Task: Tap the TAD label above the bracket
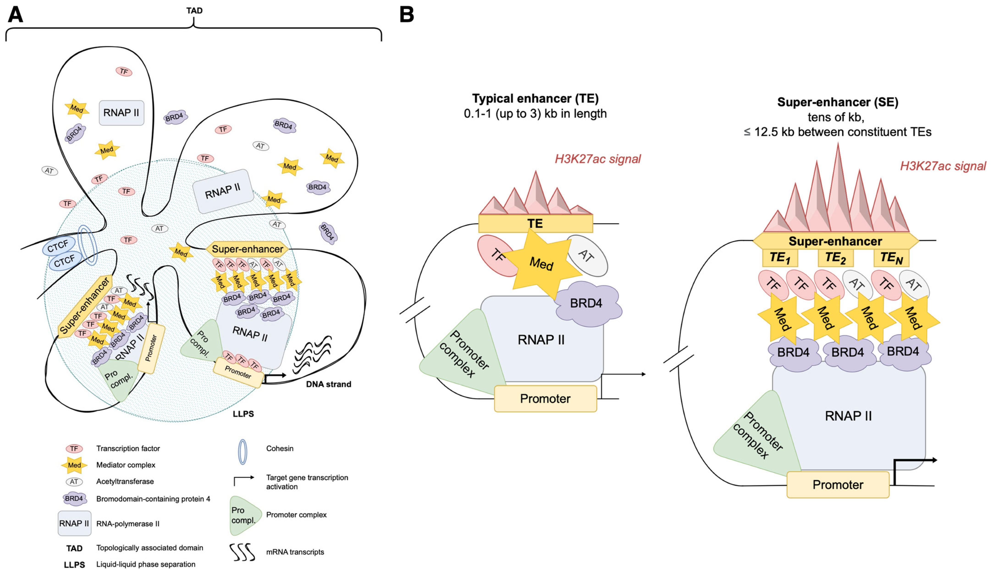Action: pos(194,11)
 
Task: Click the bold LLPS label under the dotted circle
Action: pos(243,414)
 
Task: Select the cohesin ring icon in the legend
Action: pos(243,452)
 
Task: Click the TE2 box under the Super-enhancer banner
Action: pos(835,258)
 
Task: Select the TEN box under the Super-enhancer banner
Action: pos(891,258)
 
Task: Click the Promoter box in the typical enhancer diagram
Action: pos(545,398)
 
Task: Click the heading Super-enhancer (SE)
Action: pos(838,102)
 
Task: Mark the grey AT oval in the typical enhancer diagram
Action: pos(587,256)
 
